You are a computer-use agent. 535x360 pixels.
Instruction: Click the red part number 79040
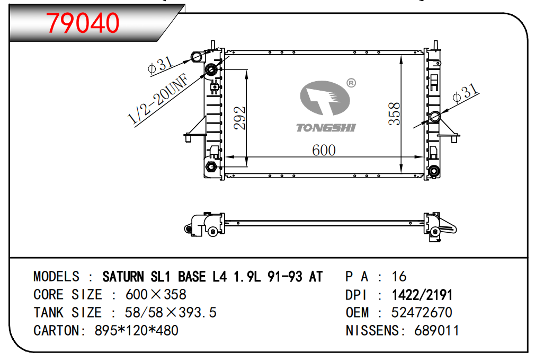pos(83,23)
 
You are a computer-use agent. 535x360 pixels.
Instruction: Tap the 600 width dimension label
pos(324,150)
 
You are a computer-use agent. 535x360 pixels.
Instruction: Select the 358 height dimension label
pos(395,113)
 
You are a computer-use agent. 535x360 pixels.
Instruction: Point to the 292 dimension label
pos(240,118)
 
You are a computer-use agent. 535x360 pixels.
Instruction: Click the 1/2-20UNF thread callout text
pos(158,98)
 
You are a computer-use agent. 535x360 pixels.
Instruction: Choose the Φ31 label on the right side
pos(466,92)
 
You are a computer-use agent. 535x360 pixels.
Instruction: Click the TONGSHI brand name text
pos(326,128)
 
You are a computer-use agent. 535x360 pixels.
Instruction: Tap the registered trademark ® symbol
pos(351,83)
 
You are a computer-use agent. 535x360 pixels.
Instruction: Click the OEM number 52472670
pos(422,312)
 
